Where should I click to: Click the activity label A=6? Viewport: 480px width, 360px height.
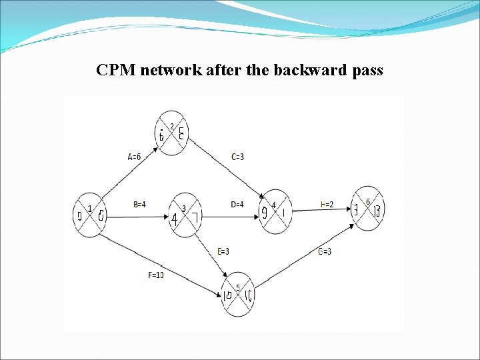pyautogui.click(x=134, y=157)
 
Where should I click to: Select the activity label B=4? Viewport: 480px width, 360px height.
pyautogui.click(x=139, y=205)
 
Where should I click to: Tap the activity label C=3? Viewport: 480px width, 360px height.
pyautogui.click(x=237, y=157)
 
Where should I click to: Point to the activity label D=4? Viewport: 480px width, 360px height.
pyautogui.click(x=237, y=205)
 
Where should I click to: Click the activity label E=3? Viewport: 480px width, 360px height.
pyautogui.click(x=224, y=251)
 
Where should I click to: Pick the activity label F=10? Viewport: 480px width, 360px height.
pyautogui.click(x=155, y=275)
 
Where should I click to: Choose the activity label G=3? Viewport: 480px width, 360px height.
pyautogui.click(x=325, y=251)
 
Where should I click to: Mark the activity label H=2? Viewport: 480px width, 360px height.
pyautogui.click(x=327, y=205)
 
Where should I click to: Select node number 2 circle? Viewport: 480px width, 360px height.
pyautogui.click(x=172, y=133)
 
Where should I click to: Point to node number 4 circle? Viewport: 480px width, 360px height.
pyautogui.click(x=275, y=212)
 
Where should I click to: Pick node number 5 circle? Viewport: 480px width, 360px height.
pyautogui.click(x=238, y=294)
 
